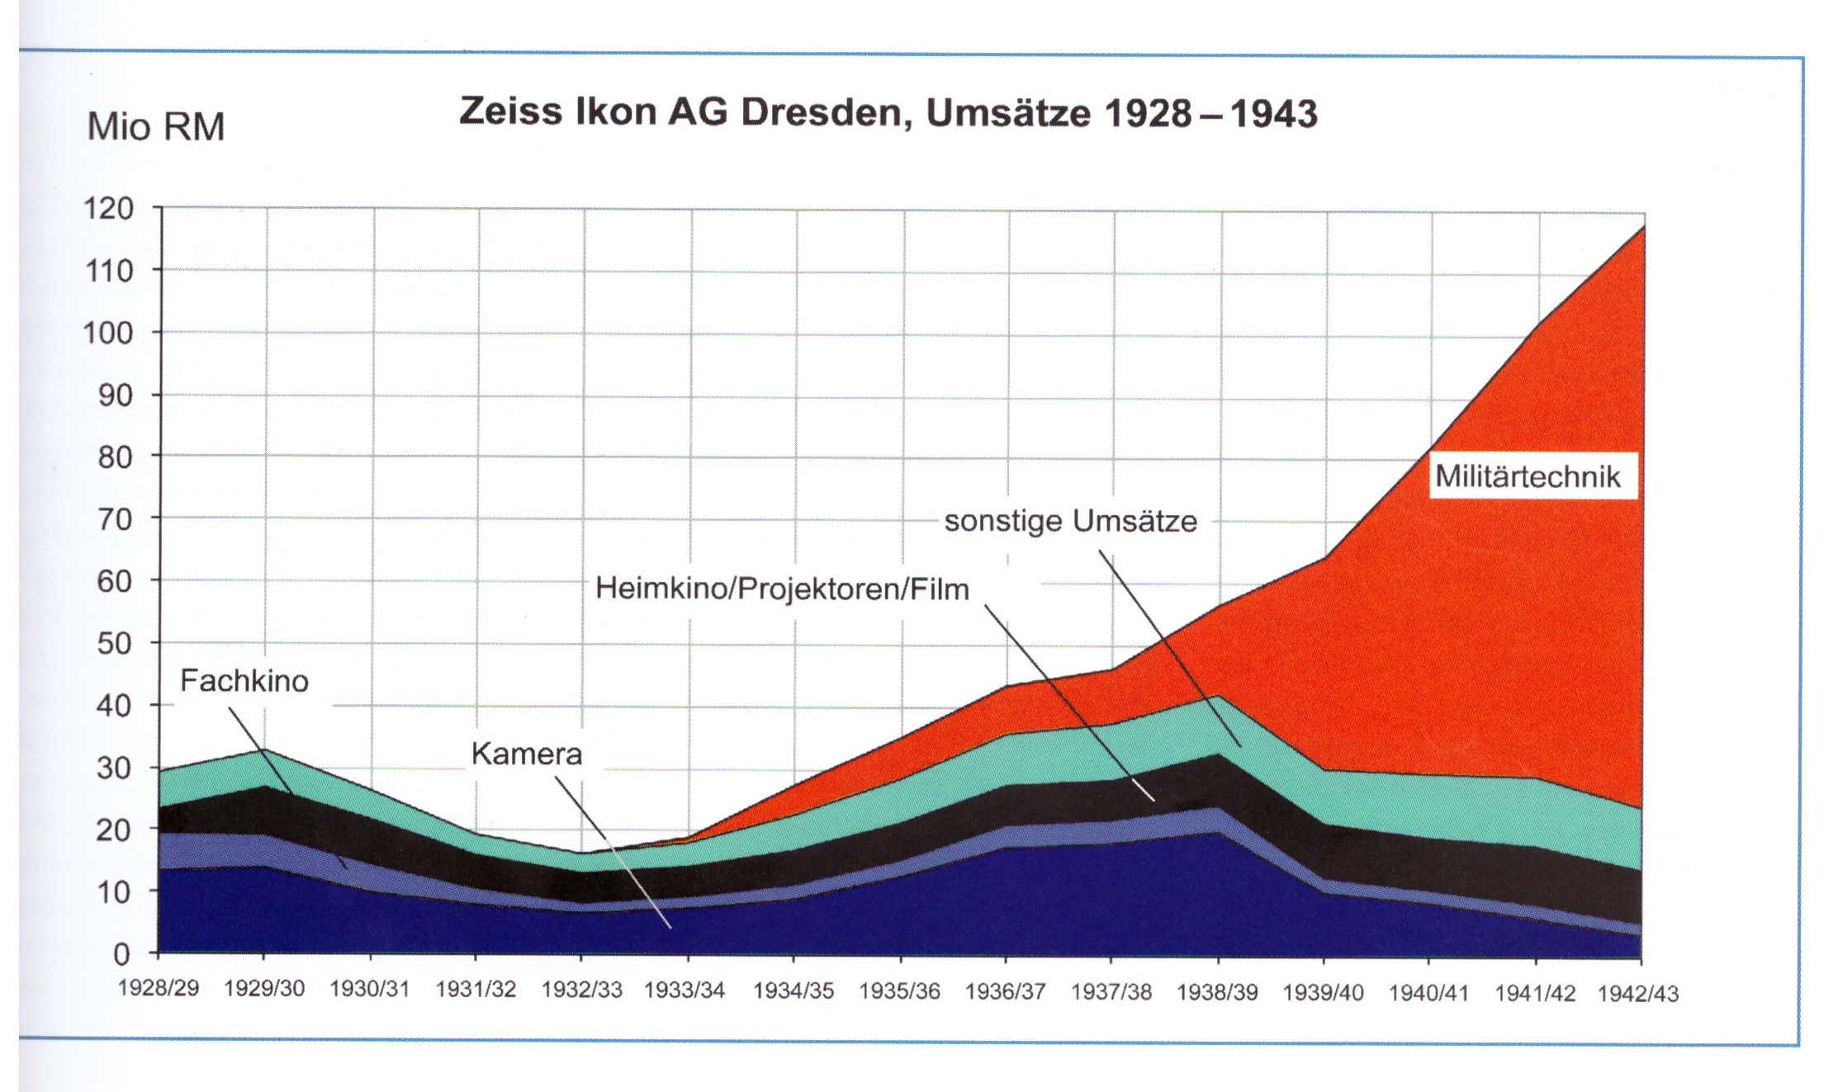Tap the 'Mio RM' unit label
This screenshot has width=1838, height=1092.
coord(155,128)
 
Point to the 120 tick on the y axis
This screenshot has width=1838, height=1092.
coord(108,208)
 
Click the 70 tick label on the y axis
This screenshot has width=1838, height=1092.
coord(115,520)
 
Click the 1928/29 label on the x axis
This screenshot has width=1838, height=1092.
coord(159,989)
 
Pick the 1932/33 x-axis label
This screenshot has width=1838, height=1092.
coord(581,990)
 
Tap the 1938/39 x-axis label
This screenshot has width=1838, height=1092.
coord(1216,992)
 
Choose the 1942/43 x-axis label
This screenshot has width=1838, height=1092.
coord(1638,994)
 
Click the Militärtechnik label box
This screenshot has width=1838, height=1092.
coord(1528,476)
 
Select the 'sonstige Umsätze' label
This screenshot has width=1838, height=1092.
coord(1070,522)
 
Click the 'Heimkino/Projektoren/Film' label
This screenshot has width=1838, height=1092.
coord(782,589)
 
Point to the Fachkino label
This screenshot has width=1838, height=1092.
coord(244,681)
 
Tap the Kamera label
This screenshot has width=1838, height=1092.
coord(527,754)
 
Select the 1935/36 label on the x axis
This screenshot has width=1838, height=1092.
coord(899,991)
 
